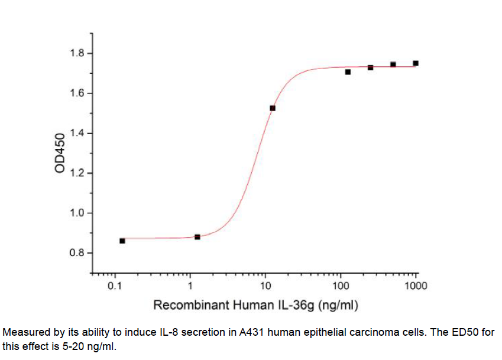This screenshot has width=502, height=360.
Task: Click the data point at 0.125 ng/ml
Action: click(122, 241)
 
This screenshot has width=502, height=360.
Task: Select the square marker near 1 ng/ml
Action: click(197, 236)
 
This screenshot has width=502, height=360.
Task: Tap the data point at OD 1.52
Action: click(273, 108)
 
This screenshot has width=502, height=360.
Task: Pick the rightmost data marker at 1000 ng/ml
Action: click(416, 63)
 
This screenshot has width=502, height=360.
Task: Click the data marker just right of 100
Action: click(348, 72)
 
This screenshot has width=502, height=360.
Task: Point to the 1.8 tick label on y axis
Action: click(77, 54)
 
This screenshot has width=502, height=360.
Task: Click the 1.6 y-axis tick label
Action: click(77, 93)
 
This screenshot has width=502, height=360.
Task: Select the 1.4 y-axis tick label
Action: click(77, 133)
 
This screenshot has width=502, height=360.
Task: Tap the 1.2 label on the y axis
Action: click(77, 173)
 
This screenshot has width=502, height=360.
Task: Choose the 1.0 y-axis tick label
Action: click(77, 213)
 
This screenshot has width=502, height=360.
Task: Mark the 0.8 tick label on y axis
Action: click(77, 253)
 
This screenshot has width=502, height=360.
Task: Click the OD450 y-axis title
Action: click(59, 153)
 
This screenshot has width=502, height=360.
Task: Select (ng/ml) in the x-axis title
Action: click(338, 306)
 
